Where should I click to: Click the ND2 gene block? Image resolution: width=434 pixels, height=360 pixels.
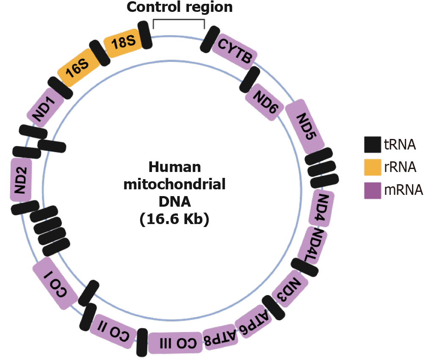pos(21,180)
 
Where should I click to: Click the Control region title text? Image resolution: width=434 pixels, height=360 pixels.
pos(180,7)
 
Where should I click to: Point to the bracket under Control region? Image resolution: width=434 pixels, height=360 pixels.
pos(179,21)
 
